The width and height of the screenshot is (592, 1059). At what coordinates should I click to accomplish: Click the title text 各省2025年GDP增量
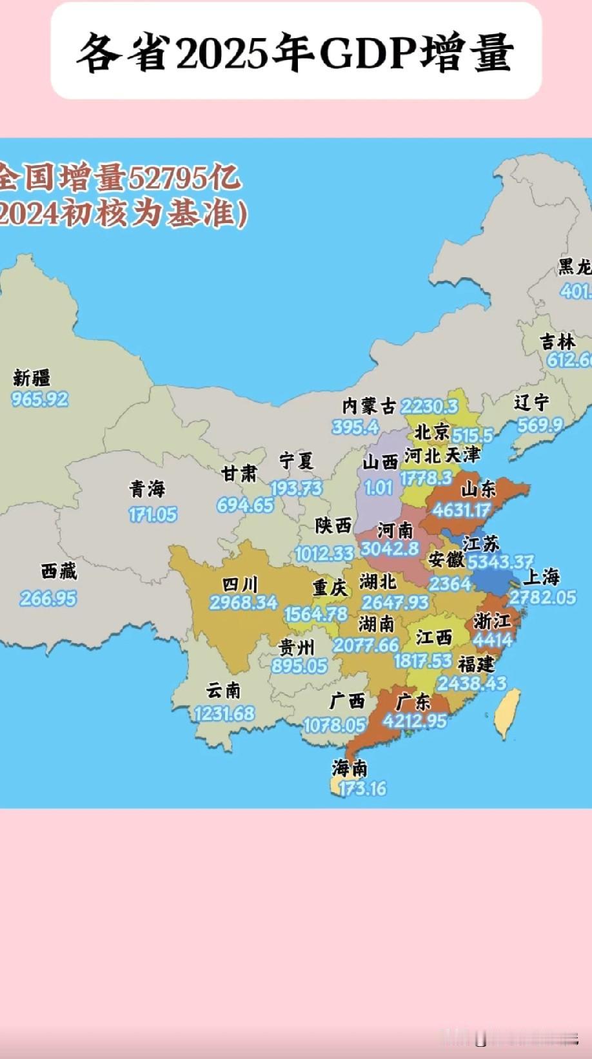click(x=295, y=53)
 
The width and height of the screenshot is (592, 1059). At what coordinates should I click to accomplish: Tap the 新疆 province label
click(x=32, y=378)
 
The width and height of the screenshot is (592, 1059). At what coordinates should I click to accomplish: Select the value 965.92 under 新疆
click(x=39, y=399)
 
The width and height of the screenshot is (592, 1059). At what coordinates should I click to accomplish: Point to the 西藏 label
click(x=59, y=571)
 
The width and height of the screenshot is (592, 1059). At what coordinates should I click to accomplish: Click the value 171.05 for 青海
click(x=152, y=514)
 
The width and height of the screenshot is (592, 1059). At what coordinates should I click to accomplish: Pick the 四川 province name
click(x=240, y=585)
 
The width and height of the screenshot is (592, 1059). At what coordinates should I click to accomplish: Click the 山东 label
click(x=479, y=489)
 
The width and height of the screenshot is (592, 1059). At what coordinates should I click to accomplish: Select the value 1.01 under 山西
click(x=379, y=487)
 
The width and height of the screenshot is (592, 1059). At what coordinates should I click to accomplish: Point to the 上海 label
click(x=541, y=576)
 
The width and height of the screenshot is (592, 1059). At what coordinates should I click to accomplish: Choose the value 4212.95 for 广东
click(x=415, y=721)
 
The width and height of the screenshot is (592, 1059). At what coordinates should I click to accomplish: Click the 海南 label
click(x=350, y=768)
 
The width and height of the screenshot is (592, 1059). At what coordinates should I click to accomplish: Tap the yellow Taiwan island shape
click(x=508, y=713)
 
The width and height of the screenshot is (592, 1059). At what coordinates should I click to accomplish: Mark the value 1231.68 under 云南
click(x=224, y=714)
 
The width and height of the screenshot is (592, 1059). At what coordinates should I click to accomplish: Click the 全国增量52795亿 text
click(x=119, y=179)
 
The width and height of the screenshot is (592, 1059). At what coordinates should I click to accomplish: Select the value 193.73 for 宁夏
click(x=295, y=488)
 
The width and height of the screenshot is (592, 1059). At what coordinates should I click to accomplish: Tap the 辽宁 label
click(x=531, y=403)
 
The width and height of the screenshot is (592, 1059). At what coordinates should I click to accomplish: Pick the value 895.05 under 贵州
click(x=299, y=665)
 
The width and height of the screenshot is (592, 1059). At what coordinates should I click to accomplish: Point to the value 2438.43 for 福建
click(x=472, y=683)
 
